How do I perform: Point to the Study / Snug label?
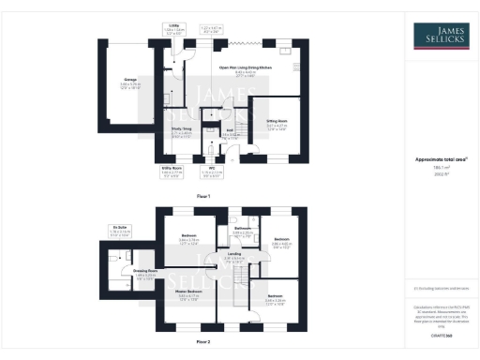pos(182,132)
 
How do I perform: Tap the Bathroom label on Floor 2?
pos(243,229)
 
